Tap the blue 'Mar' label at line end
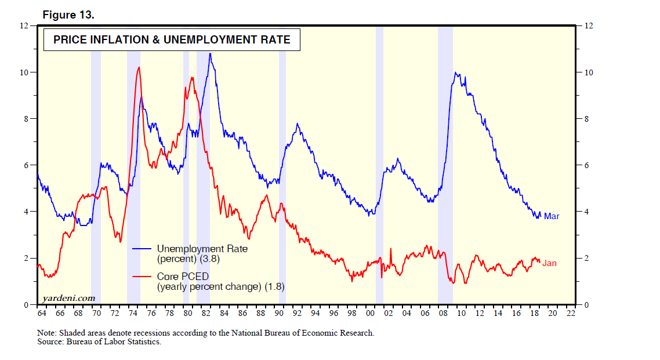click(x=552, y=216)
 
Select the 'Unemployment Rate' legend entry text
click(x=202, y=249)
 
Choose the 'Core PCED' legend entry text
click(x=183, y=277)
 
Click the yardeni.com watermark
click(x=69, y=298)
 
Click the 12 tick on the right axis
click(x=589, y=26)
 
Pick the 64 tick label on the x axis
click(x=41, y=313)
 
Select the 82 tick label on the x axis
click(x=206, y=313)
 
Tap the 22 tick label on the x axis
click(x=571, y=313)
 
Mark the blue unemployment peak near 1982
click(x=210, y=54)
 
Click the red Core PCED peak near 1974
click(x=138, y=67)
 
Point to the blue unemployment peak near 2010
click(x=456, y=72)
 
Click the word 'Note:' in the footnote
click(x=47, y=333)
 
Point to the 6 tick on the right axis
click(x=586, y=165)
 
